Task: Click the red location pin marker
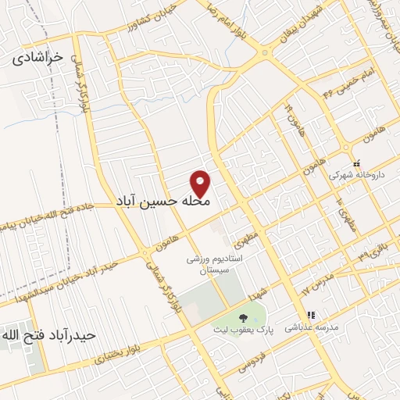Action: pos(202,183)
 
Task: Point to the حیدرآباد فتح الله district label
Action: pos(48,335)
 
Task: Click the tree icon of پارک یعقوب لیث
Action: pos(243,318)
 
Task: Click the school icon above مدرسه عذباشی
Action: pos(311,316)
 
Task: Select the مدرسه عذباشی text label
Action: pos(310,329)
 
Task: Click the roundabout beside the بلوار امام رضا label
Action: pos(266,54)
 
